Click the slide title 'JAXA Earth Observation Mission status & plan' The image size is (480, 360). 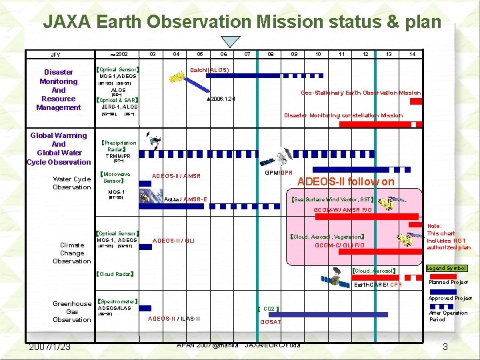click(x=242, y=22)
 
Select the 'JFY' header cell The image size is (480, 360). click(x=55, y=55)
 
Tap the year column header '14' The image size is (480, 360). click(x=413, y=55)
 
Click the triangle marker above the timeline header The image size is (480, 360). click(x=231, y=41)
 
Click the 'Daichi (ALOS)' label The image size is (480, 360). click(x=210, y=69)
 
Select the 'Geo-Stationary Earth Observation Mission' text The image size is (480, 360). click(x=361, y=93)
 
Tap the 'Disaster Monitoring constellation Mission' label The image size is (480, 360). click(x=343, y=115)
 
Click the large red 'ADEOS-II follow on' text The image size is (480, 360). click(x=345, y=181)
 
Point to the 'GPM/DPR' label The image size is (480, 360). click(x=279, y=173)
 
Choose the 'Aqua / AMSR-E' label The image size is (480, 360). click(x=185, y=199)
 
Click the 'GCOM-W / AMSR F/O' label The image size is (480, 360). click(x=343, y=210)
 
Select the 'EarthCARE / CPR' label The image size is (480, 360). click(x=377, y=285)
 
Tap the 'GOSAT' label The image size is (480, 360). click(x=271, y=322)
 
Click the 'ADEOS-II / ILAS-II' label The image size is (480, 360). click(x=173, y=318)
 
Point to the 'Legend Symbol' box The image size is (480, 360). click(x=446, y=268)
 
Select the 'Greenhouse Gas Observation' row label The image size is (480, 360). click(x=72, y=311)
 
